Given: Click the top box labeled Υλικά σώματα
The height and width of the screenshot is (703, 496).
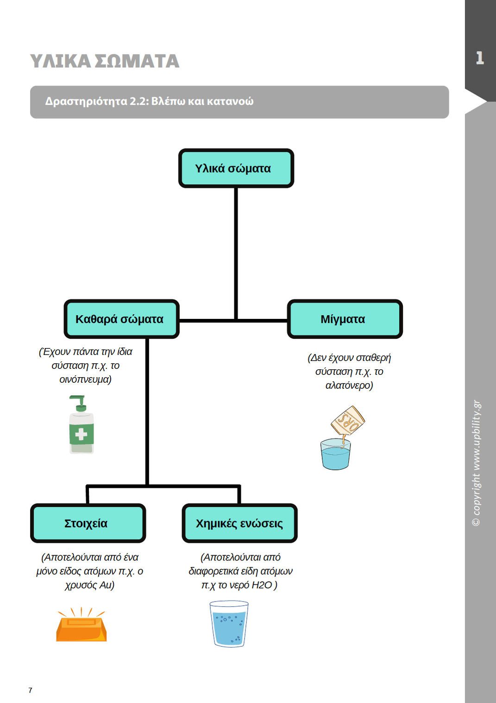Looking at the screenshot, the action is [x=236, y=168].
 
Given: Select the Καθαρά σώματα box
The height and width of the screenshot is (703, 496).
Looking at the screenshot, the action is [x=121, y=319].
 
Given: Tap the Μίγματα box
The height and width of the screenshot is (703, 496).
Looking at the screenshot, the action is [x=345, y=319].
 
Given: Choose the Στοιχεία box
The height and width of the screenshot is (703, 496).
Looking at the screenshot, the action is [x=88, y=523].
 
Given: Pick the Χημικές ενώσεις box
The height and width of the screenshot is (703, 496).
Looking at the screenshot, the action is [x=239, y=523].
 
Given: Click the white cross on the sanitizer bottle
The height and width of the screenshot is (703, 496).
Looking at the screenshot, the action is [x=81, y=435].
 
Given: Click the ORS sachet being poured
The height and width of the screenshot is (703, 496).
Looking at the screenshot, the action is [x=348, y=421].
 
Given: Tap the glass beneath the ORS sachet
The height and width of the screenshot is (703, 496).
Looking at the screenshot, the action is [x=335, y=454].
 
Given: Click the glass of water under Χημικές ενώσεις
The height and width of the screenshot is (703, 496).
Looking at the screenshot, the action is [x=229, y=623].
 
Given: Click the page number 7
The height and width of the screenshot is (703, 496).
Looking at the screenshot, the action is [x=30, y=690].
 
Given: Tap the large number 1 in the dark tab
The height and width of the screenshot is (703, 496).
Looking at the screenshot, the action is [x=480, y=58].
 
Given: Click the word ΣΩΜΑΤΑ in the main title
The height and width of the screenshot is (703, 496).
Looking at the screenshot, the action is [x=137, y=61].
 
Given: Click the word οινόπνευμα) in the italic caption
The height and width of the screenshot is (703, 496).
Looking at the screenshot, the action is [x=85, y=379].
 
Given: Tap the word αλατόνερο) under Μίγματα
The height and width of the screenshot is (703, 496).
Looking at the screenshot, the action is [x=349, y=385].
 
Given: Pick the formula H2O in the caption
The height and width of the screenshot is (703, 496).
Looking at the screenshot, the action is [x=262, y=585].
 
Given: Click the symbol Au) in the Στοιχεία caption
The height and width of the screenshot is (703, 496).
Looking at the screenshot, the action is [x=107, y=585].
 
